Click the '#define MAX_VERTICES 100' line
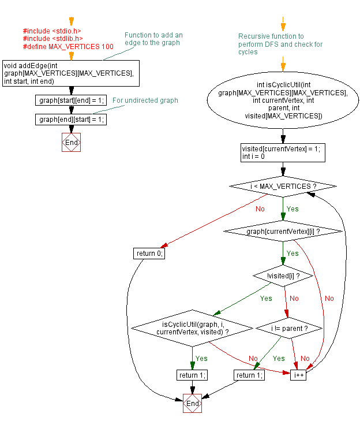pyautogui.click(x=68, y=46)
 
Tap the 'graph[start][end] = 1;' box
pyautogui.click(x=71, y=100)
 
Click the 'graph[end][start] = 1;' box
pyautogui.click(x=71, y=120)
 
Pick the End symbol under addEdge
pyautogui.click(x=71, y=143)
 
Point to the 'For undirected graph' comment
pyautogui.click(x=145, y=100)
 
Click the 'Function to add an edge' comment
pyautogui.click(x=153, y=39)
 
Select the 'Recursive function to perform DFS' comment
pyautogui.click(x=280, y=44)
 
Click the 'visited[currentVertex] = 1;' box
pyautogui.click(x=283, y=152)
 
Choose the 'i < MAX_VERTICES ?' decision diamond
pyautogui.click(x=283, y=187)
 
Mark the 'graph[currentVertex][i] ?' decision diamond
pyautogui.click(x=283, y=231)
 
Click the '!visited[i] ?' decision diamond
pyautogui.click(x=283, y=276)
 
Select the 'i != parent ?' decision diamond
pyautogui.click(x=288, y=328)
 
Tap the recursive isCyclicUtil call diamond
pyautogui.click(x=192, y=328)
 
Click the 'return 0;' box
pyautogui.click(x=149, y=254)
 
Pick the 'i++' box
pyautogui.click(x=299, y=375)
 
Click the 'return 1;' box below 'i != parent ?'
pyautogui.click(x=249, y=375)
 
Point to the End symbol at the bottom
pyautogui.click(x=193, y=404)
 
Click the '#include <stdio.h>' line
pyautogui.click(x=52, y=31)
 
